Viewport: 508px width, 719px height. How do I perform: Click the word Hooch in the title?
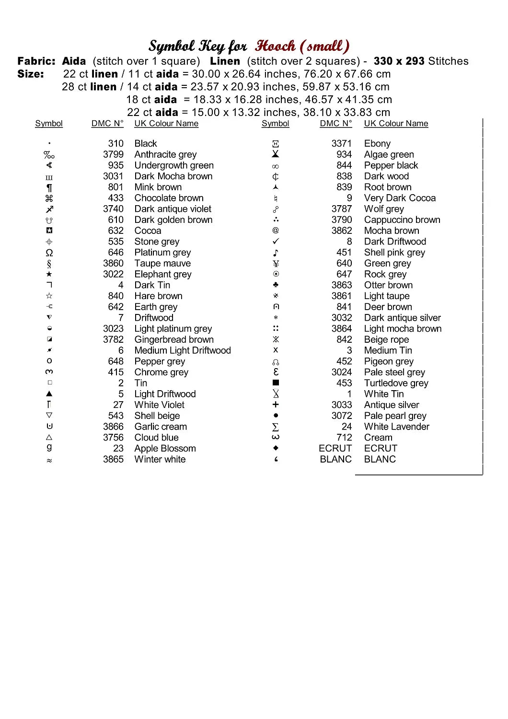275,46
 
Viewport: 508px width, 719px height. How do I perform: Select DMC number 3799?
113,154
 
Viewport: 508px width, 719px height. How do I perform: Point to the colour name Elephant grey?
163,274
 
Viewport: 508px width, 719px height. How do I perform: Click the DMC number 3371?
341,143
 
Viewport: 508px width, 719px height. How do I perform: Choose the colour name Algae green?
389,154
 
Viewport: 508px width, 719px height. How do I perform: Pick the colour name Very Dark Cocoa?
400,198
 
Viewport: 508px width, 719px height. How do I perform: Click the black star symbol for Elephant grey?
49,274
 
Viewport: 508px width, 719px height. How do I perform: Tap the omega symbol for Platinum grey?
49,253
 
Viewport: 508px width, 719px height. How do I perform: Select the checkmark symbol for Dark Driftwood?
276,242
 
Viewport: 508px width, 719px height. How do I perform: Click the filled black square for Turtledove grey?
276,383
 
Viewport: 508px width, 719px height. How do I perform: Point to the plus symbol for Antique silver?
276,405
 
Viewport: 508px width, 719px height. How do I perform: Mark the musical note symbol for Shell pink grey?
276,253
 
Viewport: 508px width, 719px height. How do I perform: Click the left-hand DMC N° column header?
107,124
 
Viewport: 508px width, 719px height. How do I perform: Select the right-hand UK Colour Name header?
396,124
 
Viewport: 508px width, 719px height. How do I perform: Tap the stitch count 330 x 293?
399,61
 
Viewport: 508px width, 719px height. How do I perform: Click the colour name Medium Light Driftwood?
183,350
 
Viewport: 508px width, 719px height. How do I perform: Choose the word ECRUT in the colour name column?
381,448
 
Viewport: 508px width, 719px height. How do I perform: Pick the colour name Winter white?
160,459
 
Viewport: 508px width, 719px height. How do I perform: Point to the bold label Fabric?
36,61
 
